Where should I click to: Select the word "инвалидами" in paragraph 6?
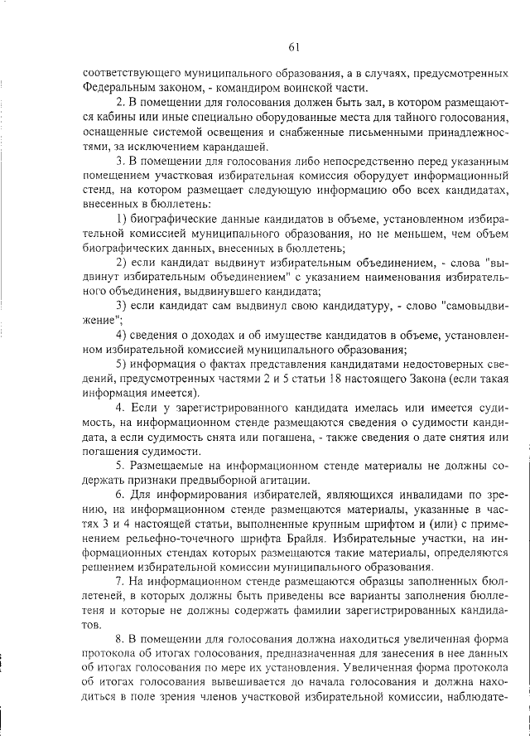tap(404, 495)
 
